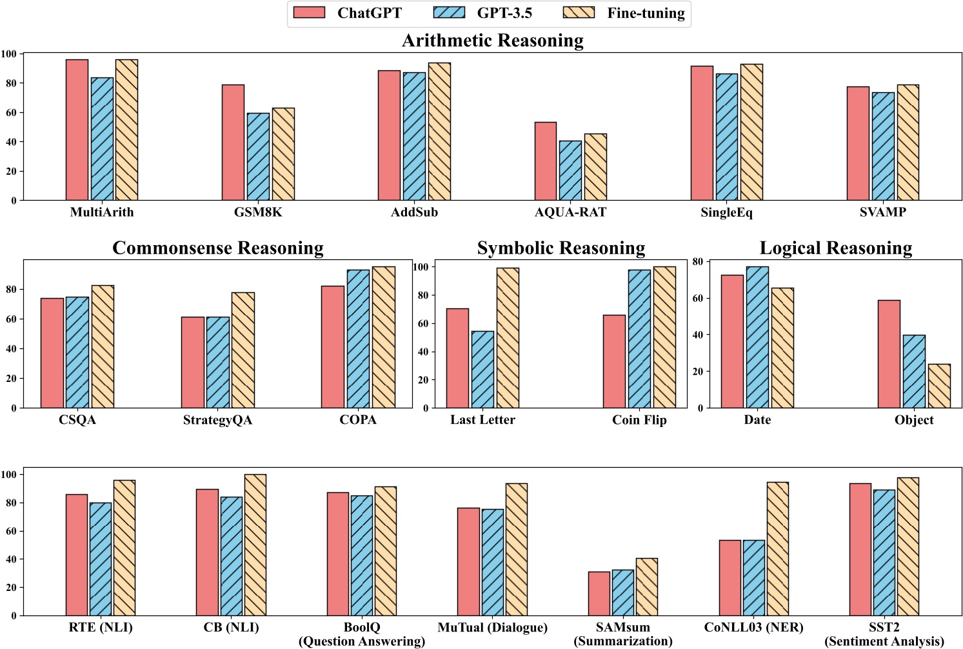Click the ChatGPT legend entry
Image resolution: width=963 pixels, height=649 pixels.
348,13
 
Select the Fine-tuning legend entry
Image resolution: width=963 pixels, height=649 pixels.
623,13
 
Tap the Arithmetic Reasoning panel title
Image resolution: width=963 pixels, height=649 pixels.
492,40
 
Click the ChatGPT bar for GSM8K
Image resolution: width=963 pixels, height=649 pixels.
233,143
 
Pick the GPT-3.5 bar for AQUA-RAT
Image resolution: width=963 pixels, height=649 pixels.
570,170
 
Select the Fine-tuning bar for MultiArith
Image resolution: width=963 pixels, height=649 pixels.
126,130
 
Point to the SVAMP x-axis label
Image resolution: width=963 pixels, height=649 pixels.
882,212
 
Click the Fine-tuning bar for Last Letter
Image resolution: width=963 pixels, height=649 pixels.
508,337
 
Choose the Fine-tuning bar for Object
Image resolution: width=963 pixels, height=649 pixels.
939,386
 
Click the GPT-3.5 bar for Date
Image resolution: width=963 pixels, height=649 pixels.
757,337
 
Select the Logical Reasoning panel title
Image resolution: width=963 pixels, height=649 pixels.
835,248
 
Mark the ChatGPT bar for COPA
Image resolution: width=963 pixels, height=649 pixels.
333,346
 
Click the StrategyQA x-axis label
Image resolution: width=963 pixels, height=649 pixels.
217,420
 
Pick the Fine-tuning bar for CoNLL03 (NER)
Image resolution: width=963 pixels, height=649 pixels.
777,548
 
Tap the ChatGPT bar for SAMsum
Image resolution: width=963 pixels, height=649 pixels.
599,594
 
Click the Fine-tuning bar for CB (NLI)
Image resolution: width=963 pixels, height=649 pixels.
255,544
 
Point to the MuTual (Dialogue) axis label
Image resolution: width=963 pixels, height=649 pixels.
492,627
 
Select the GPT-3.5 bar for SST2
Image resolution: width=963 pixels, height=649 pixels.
884,552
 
